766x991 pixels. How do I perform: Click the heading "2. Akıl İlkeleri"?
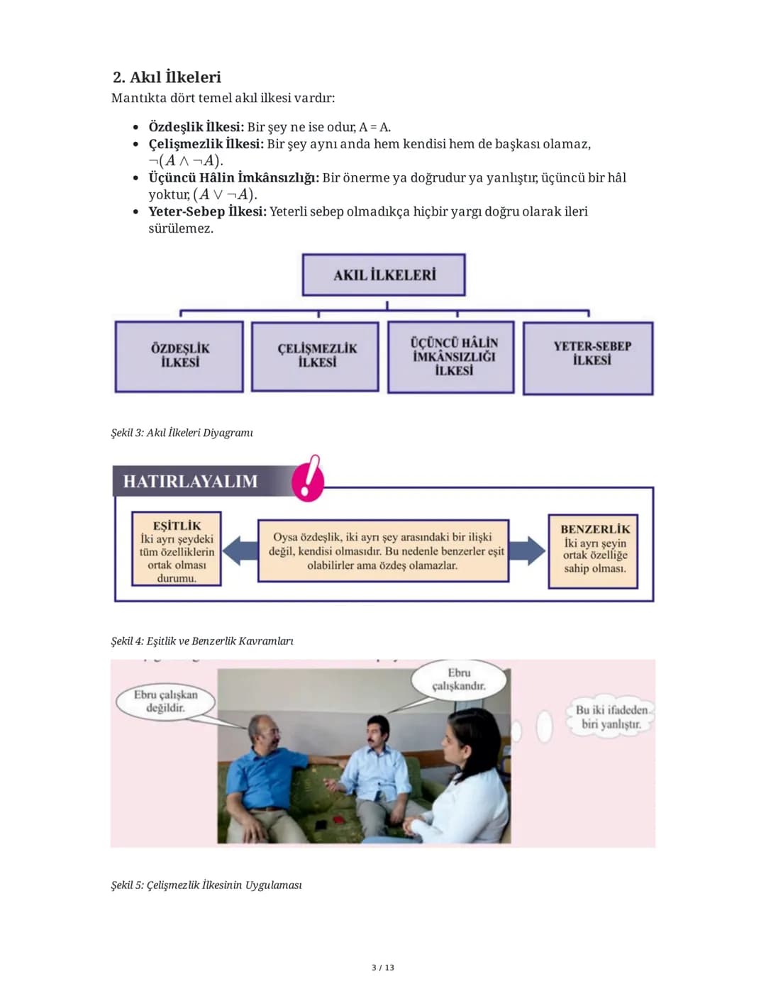click(x=167, y=77)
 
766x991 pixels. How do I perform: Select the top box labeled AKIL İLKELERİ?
click(x=384, y=275)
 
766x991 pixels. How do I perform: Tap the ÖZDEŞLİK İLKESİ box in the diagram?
click(x=179, y=357)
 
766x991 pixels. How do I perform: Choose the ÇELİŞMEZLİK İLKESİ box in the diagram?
click(x=315, y=357)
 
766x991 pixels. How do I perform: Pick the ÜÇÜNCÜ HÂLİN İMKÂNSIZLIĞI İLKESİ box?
click(x=451, y=357)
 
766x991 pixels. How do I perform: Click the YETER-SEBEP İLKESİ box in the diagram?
click(x=588, y=358)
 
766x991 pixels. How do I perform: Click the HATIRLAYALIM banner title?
click(x=191, y=481)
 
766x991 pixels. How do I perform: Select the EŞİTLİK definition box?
click(x=177, y=548)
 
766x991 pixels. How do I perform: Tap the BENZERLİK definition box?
click(x=593, y=551)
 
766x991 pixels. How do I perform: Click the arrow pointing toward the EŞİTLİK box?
click(x=240, y=551)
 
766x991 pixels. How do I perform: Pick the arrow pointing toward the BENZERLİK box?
click(x=527, y=551)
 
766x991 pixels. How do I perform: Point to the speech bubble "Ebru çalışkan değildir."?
click(x=165, y=702)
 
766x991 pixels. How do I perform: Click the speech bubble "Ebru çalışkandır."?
click(x=459, y=680)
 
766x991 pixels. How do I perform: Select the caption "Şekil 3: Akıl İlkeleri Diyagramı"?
click(x=182, y=433)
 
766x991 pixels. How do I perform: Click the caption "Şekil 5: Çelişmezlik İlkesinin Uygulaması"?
click(x=206, y=885)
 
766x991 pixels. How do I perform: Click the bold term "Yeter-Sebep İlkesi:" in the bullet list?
click(x=207, y=211)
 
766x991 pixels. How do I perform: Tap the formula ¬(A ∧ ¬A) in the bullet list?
click(x=186, y=160)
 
